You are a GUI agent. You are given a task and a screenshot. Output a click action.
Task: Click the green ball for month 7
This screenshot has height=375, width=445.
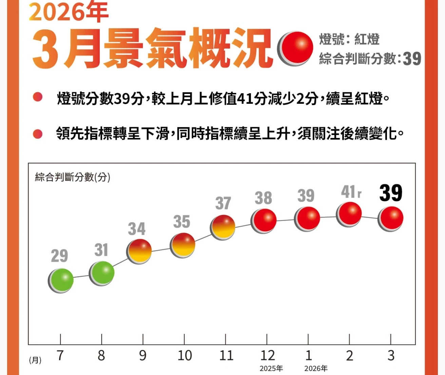(61, 280)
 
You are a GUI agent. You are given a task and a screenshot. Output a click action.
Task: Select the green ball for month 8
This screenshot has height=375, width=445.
(102, 273)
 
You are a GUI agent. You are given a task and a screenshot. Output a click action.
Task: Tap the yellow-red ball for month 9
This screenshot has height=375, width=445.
(139, 251)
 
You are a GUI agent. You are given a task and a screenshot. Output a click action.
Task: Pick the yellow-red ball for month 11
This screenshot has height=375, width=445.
(223, 227)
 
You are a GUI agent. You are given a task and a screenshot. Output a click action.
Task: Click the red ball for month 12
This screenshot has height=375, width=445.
(264, 220)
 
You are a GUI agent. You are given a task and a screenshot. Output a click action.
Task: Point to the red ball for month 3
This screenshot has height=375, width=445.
(391, 219)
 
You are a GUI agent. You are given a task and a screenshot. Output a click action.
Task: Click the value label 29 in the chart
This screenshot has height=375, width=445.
(60, 256)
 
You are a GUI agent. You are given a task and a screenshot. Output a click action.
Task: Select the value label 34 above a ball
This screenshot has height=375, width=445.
(137, 229)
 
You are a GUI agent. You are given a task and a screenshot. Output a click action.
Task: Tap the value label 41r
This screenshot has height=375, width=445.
(351, 192)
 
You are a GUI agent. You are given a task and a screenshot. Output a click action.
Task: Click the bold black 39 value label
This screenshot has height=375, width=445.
(391, 193)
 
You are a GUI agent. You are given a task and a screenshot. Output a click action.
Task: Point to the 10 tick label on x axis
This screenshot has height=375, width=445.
(185, 355)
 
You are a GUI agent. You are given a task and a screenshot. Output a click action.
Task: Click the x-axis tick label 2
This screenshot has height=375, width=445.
(350, 355)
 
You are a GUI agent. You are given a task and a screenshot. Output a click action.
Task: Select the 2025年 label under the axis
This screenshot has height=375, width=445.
(271, 368)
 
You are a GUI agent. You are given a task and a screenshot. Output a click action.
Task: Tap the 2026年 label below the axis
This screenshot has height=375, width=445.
(316, 368)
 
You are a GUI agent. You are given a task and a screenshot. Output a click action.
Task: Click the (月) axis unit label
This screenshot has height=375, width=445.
(35, 360)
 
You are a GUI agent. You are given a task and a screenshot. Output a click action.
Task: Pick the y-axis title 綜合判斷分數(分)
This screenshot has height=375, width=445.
(73, 177)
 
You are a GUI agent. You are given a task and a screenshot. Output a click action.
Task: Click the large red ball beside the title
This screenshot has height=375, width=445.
(295, 48)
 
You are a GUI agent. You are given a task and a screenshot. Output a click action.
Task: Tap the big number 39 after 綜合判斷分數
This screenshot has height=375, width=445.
(412, 59)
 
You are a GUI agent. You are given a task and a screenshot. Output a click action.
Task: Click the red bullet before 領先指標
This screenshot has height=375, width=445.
(38, 134)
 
